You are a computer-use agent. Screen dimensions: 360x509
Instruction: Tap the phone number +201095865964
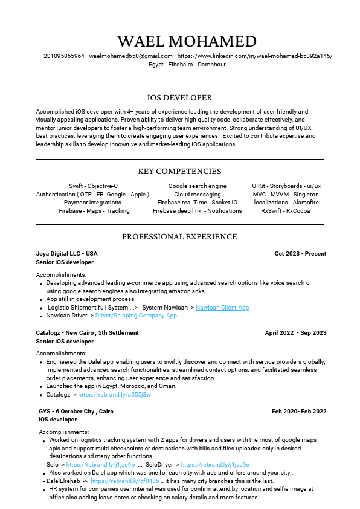pos(62,56)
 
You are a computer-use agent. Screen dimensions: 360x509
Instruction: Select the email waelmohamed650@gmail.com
pos(122,56)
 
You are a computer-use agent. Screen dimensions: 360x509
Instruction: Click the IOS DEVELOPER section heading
pos(180,97)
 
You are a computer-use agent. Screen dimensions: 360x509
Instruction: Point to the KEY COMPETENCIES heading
pos(180,172)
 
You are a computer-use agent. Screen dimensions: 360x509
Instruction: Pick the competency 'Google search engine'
pos(198,186)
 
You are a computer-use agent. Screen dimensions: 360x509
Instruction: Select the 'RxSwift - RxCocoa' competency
pos(286,211)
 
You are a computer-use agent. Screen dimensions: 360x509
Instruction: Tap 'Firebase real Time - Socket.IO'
pos(198,203)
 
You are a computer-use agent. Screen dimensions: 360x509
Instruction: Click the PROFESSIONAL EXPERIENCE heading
pos(180,236)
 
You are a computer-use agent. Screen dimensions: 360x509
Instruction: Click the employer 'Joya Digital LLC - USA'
pos(66,254)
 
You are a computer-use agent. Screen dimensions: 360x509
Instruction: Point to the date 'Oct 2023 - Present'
pos(300,254)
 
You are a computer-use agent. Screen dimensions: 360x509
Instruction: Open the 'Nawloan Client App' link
pos(222,308)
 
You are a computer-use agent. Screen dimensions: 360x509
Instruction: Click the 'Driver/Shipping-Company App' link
pos(136,316)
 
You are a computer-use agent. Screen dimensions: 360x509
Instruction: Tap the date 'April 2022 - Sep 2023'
pos(295,333)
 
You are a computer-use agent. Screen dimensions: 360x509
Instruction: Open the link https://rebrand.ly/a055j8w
pos(114,395)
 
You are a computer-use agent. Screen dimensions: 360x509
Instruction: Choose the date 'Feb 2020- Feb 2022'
pos(299,412)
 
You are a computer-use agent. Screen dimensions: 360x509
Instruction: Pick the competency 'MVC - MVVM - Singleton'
pos(286,195)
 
